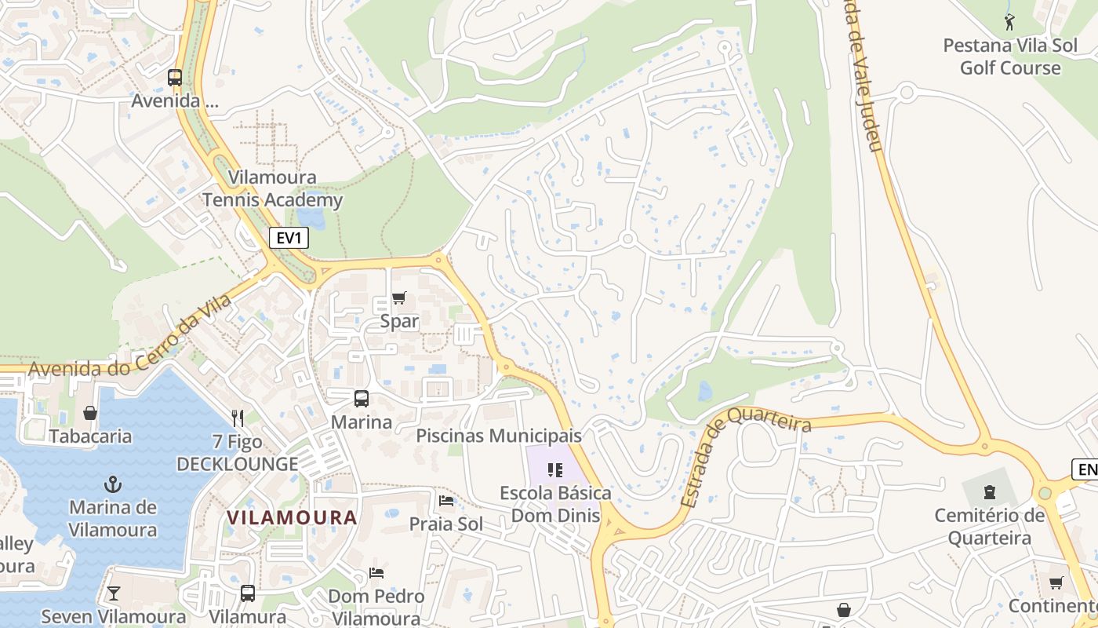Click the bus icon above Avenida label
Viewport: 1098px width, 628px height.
(175, 78)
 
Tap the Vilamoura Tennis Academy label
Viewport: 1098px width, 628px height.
(273, 188)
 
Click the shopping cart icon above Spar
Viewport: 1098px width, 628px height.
(399, 298)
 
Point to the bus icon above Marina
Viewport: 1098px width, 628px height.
(361, 398)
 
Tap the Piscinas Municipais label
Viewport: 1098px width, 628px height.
(499, 435)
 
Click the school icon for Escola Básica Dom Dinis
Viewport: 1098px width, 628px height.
(555, 470)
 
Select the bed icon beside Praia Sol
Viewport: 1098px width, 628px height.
(446, 500)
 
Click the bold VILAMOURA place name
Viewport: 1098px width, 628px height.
(292, 518)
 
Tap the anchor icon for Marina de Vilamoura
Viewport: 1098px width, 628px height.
(113, 484)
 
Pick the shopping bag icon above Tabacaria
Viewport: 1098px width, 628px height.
(90, 413)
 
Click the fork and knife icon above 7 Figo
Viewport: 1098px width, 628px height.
(238, 418)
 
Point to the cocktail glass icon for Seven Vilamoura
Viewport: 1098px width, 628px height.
(114, 593)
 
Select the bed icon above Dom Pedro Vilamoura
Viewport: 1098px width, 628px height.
(376, 572)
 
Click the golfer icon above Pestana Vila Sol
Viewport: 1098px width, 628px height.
(1009, 22)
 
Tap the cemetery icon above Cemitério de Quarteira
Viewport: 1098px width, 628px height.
(990, 492)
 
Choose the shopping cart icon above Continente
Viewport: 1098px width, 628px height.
(1056, 582)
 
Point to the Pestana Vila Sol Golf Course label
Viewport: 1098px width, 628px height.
(1010, 57)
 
